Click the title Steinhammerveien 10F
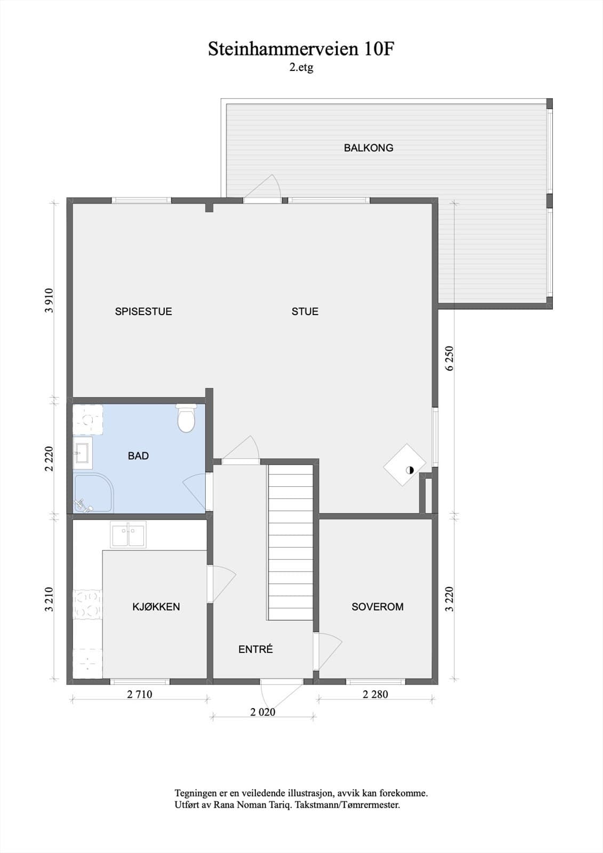click(x=301, y=50)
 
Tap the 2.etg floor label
click(x=301, y=67)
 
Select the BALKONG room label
click(x=368, y=148)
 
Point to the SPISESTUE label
click(x=143, y=311)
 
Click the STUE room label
click(x=305, y=311)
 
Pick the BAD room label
click(x=138, y=455)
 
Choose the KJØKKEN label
click(x=156, y=607)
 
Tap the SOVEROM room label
click(x=377, y=607)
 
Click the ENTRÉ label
click(x=255, y=649)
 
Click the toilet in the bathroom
click(x=186, y=418)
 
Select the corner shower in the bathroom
click(x=94, y=493)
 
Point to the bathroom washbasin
click(x=83, y=453)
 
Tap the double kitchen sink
click(x=128, y=535)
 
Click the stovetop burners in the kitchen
click(x=87, y=603)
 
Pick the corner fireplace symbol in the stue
click(x=405, y=464)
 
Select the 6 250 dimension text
click(x=450, y=358)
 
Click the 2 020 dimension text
click(x=263, y=712)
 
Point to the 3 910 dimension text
click(x=49, y=301)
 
